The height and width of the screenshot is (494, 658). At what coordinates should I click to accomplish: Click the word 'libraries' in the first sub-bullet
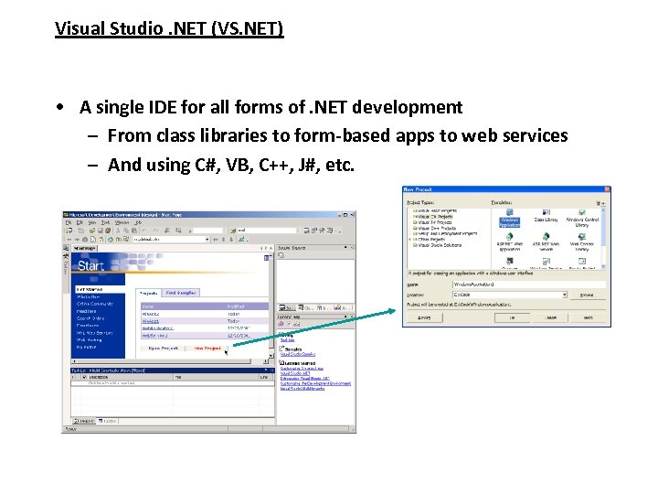tap(234, 135)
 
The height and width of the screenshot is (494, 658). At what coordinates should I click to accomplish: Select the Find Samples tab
tap(181, 293)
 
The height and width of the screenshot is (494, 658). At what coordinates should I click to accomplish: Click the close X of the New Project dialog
tap(605, 190)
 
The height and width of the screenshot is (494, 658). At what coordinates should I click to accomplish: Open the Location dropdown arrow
tap(565, 295)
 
